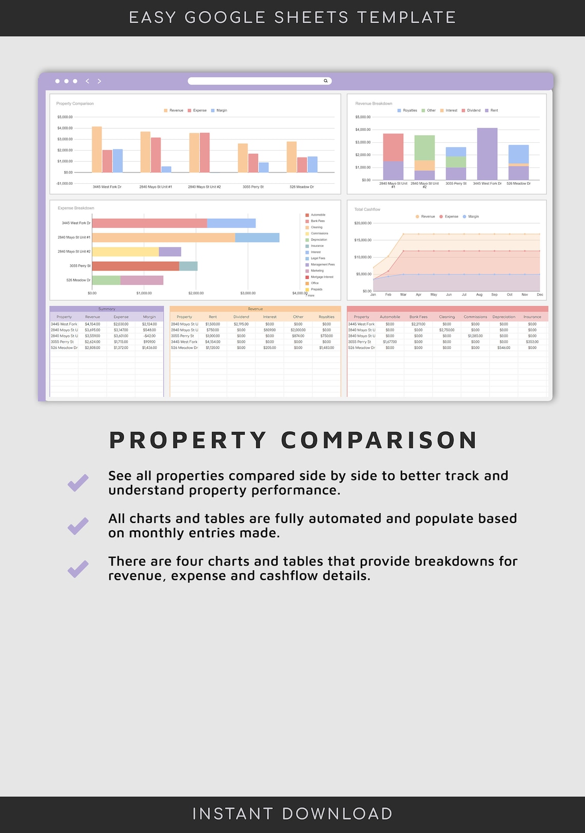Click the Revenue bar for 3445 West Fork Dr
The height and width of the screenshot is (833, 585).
96,149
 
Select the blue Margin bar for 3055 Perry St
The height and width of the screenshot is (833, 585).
263,167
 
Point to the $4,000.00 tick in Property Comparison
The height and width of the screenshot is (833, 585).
65,128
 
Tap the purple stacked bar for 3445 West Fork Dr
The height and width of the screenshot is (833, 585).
487,153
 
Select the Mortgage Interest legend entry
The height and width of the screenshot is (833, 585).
322,277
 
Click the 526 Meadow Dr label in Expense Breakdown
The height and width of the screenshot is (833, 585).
78,280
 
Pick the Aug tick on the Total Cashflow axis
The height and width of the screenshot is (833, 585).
479,295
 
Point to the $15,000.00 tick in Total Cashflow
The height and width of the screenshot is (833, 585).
363,240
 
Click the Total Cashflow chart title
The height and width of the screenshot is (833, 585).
367,209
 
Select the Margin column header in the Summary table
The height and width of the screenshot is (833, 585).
149,317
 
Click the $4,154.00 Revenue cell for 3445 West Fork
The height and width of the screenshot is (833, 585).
92,324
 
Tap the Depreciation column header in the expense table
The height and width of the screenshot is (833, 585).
503,317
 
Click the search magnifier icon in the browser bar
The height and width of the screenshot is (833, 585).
325,81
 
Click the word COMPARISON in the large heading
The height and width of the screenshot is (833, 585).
379,440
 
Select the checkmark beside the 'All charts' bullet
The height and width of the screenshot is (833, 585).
78,526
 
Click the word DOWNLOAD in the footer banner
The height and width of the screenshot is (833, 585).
337,813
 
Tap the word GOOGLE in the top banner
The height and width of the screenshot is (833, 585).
225,17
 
